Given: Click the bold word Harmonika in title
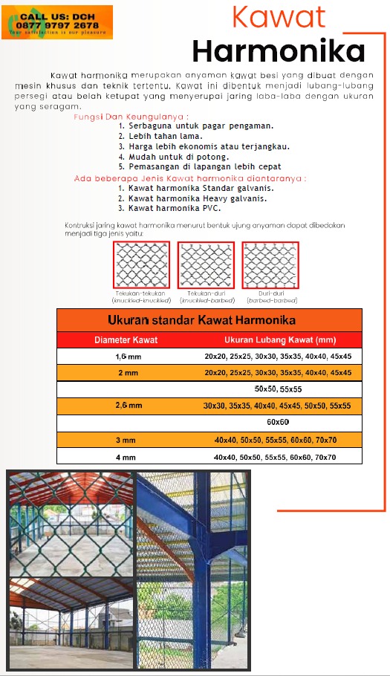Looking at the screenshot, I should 278,51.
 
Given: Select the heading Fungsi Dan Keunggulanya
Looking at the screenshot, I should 131,117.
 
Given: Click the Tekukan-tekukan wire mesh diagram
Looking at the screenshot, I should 140,264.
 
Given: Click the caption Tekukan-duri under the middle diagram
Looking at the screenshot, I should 205,293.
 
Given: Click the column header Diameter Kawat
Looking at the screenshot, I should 126,340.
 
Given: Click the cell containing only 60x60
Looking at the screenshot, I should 278,423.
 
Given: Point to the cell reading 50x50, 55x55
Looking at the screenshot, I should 278,389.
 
